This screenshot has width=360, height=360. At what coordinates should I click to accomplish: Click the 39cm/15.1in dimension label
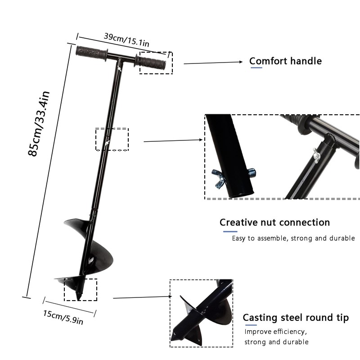126,40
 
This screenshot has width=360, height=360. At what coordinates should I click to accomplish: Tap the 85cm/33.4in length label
39,123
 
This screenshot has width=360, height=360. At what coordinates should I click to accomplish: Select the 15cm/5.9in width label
63,317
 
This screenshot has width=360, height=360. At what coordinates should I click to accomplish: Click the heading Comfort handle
285,61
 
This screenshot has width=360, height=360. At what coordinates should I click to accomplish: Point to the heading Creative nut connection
274,222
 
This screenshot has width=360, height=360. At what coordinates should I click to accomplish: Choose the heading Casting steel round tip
296,318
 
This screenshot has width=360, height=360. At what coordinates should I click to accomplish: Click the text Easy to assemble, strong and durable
293,238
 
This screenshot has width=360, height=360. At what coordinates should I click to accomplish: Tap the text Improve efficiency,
275,332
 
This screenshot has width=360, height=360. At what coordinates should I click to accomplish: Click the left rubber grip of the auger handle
91,53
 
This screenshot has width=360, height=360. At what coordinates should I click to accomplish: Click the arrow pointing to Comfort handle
213,63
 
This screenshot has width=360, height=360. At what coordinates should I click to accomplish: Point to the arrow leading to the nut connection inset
173,140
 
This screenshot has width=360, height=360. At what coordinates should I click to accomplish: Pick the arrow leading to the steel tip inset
143,297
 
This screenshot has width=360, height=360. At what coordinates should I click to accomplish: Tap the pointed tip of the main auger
78,299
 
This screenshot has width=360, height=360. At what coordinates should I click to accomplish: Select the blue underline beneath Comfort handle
256,68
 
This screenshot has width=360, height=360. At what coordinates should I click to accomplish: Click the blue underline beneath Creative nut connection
230,231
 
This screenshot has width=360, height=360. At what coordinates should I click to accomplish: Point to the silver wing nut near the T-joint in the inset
316,156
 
